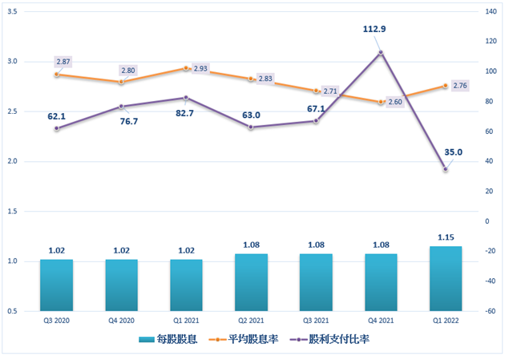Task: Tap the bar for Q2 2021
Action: (x=251, y=282)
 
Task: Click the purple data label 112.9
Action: (x=374, y=30)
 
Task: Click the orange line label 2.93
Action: (x=200, y=69)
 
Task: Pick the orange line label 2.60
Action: (x=394, y=102)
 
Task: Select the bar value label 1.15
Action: (x=445, y=237)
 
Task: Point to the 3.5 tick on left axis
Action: (x=13, y=11)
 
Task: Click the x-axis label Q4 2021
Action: (x=380, y=321)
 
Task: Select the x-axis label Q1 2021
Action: (x=186, y=321)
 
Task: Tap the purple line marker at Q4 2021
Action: (x=380, y=53)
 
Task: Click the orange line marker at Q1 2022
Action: (x=445, y=86)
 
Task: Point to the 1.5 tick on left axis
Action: (x=13, y=212)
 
